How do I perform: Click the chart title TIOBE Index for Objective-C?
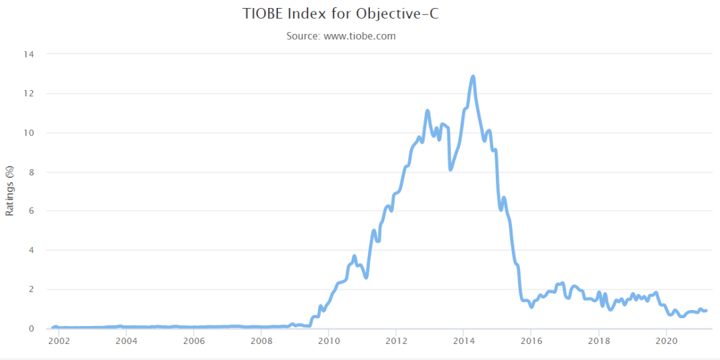coord(341,13)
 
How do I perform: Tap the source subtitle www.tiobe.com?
coord(341,36)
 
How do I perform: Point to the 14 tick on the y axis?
coord(30,54)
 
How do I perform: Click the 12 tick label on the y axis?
coord(30,93)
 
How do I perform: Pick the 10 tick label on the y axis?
coord(30,133)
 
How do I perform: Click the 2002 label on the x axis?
coord(58,341)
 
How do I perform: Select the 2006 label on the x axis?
coord(193,341)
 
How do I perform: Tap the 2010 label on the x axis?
coord(328,341)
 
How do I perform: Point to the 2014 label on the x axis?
coord(463,341)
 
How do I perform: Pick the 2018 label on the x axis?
coord(599,341)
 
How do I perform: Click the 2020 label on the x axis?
coord(666,341)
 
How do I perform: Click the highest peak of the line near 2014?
coord(473,77)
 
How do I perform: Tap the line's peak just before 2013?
coord(427,111)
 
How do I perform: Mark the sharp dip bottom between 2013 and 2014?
coord(451,169)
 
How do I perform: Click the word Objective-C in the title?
coord(404,13)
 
